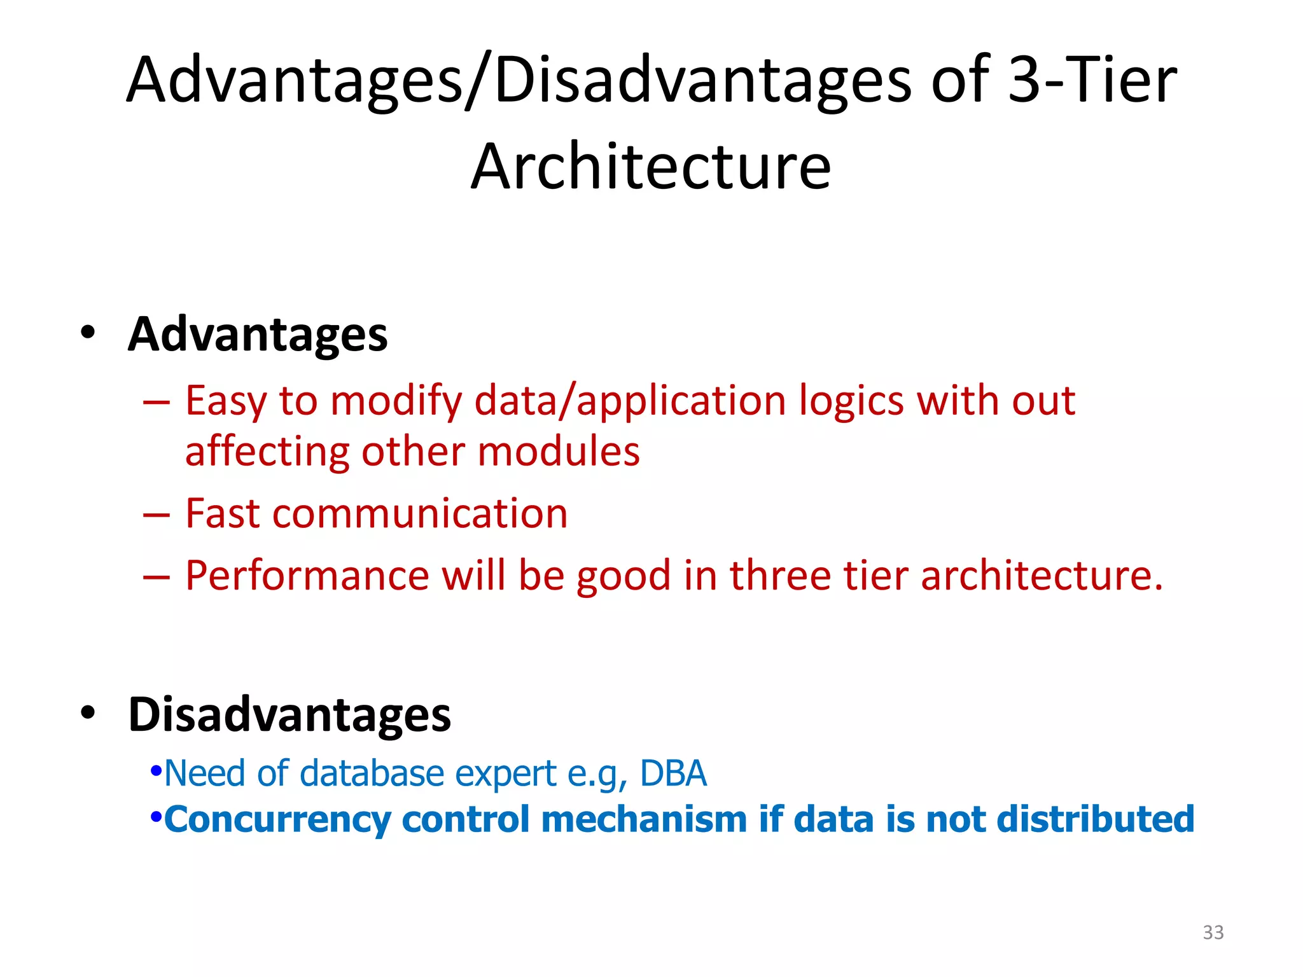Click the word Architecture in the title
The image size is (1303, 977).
[x=650, y=167]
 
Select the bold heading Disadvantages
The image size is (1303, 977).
[x=289, y=714]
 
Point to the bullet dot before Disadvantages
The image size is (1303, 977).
[x=88, y=712]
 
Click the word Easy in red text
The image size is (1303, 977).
[x=226, y=401]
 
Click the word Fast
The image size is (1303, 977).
[x=223, y=513]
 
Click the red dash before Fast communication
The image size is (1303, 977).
[x=157, y=514]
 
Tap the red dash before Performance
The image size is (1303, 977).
[x=157, y=576]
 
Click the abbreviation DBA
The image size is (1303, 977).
[x=673, y=774]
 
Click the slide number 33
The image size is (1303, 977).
[x=1213, y=932]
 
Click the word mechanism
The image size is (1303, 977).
[x=644, y=819]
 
